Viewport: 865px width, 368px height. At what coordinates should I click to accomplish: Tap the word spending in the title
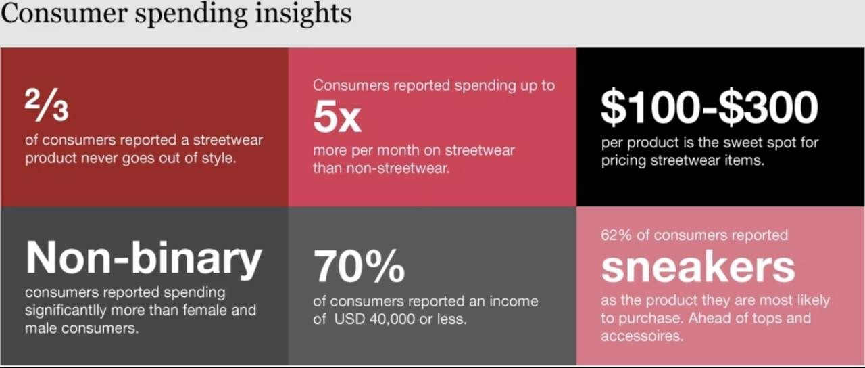tap(191, 14)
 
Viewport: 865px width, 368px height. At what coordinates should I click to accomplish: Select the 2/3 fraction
tap(47, 105)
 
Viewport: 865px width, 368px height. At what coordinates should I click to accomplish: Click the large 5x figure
tap(337, 117)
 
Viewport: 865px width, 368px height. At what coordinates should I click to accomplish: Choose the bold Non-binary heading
tap(144, 258)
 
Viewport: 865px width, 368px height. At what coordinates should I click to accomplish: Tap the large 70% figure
tap(359, 267)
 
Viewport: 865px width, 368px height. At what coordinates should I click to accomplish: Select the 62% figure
tap(616, 235)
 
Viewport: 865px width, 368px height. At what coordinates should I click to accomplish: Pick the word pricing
tap(624, 161)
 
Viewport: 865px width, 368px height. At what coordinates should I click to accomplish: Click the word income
tap(514, 301)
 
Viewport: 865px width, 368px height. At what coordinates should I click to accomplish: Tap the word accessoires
tap(642, 336)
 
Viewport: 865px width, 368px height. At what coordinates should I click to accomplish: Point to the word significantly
tap(66, 310)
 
